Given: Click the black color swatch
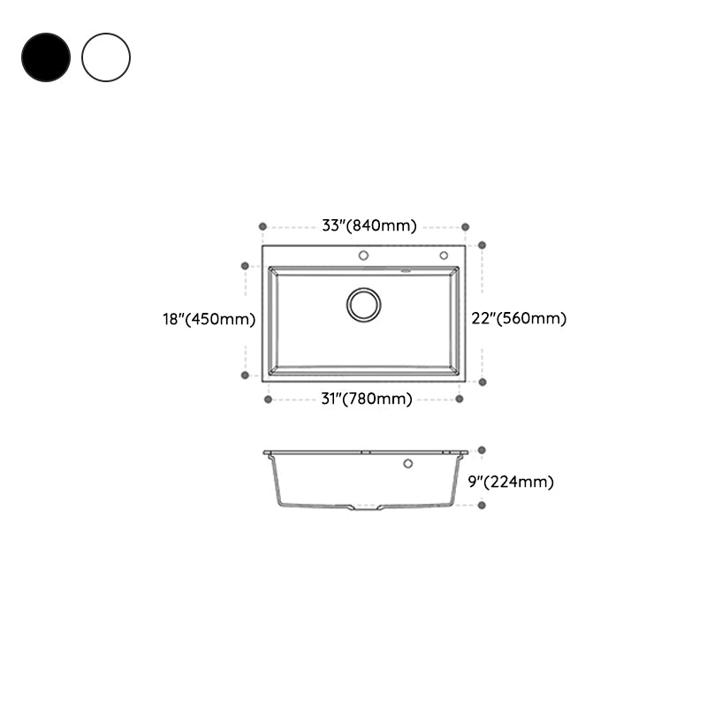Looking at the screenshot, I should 46,57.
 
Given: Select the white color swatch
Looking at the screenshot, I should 106,57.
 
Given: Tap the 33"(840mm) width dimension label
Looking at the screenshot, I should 369,225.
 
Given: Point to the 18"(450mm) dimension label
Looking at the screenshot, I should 209,319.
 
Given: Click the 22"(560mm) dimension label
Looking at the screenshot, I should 519,319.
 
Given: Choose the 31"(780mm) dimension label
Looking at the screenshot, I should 365,399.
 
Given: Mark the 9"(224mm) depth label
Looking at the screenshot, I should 511,483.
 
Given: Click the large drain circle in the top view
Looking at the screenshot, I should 363,304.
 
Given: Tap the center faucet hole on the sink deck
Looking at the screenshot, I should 363,255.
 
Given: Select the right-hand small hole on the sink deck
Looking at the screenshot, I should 444,255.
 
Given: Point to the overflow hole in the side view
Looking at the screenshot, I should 408,463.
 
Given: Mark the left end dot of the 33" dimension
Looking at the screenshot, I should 262,226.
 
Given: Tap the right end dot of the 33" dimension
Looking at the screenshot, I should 466,226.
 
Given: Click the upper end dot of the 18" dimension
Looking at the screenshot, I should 245,264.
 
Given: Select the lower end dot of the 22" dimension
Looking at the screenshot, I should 482,382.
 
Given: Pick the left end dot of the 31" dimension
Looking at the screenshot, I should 268,399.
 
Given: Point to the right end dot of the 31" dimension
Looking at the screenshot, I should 460,399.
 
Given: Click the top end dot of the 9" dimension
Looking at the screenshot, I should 482,450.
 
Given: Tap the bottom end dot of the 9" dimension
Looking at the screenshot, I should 482,505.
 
